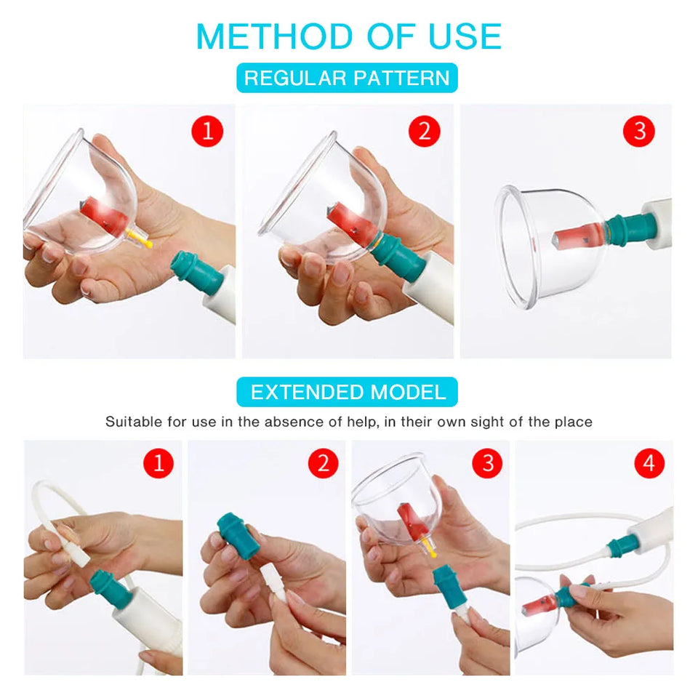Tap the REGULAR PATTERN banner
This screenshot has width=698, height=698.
(347, 78)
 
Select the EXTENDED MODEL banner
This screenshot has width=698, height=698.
(347, 393)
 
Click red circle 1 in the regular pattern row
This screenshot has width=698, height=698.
(206, 132)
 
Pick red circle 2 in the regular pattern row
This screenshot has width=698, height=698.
(425, 132)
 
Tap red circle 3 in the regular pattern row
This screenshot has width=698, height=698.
(639, 132)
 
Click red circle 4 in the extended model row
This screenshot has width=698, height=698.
(649, 463)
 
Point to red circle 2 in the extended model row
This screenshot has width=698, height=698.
(323, 463)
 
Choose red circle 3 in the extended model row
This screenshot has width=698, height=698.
(487, 463)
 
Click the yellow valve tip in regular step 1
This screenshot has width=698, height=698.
(145, 243)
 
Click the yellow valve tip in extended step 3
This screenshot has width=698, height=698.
(433, 553)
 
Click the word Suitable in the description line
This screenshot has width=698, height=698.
(132, 422)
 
